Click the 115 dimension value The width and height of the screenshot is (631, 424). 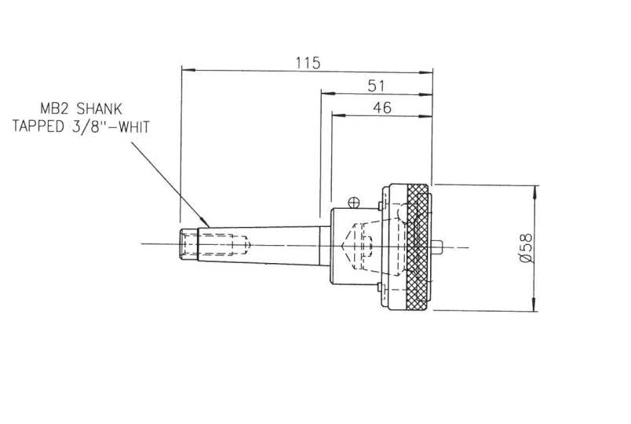[308, 63]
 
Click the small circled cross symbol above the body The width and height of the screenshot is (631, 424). [355, 202]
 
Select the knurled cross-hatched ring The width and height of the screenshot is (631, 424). [416, 247]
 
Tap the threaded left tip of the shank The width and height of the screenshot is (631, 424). [188, 245]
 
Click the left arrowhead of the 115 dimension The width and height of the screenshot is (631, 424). [186, 71]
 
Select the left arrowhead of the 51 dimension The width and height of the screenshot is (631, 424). [325, 93]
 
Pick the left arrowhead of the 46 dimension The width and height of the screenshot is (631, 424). [337, 115]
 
